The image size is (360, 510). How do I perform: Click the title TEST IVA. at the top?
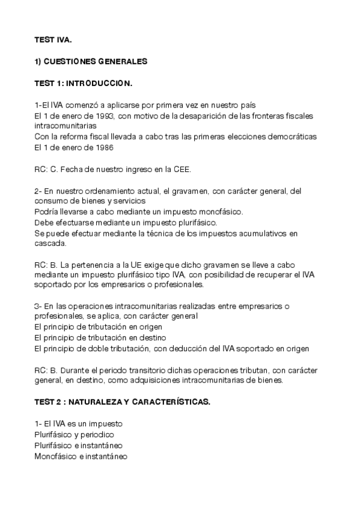tap(53, 40)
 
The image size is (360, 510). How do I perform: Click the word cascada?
tap(49, 244)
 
